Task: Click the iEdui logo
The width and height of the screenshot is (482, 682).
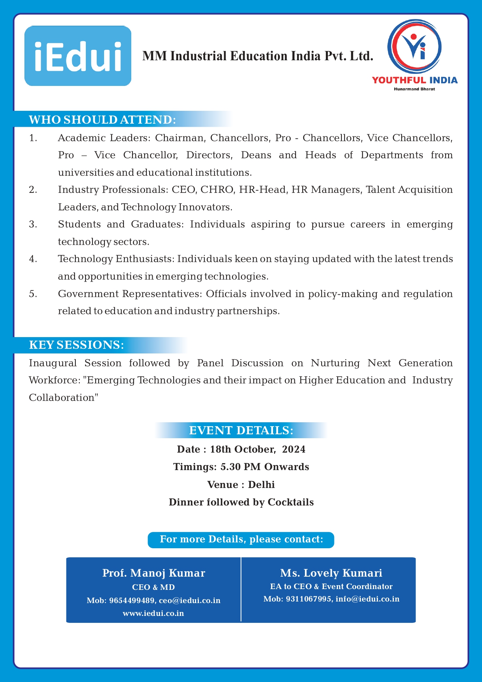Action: pos(78,56)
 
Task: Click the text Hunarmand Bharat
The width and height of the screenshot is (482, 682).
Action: pos(414,89)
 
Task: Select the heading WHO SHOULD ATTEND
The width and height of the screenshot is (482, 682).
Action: pos(103,119)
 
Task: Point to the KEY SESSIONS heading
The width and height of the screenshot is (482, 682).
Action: pos(77,345)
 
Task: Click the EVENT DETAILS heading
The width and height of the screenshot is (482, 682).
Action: pos(241,430)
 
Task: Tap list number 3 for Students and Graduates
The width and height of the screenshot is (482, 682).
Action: pos(33,224)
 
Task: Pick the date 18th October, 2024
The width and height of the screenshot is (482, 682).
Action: pos(258,449)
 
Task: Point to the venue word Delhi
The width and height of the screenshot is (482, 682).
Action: pos(261,484)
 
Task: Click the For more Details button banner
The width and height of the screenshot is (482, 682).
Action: pos(241,540)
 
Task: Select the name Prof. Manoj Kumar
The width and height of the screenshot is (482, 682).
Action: pos(153,573)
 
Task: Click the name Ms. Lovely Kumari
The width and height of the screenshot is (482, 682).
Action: pos(331,573)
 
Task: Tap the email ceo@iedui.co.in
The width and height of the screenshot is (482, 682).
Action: pos(190,600)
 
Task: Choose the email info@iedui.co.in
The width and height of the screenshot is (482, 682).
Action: pos(367,599)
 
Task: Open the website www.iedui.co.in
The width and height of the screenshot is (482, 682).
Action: pos(153,613)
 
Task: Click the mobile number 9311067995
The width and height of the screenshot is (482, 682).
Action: pos(309,599)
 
